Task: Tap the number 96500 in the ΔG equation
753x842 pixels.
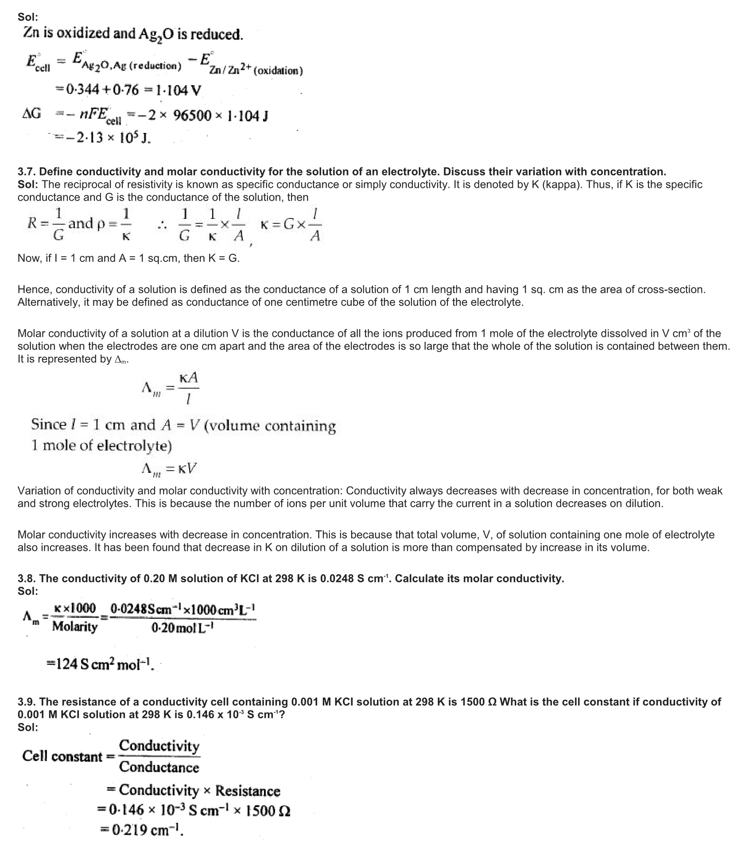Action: tap(192, 116)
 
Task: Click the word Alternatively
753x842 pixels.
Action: tap(47, 302)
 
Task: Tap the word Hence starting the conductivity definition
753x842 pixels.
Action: tap(35, 289)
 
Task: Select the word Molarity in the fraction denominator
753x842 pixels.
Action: tap(74, 627)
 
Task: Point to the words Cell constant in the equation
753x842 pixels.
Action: tap(62, 756)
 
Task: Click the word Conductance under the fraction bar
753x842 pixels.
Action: tap(159, 767)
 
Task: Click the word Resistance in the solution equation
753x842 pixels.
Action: tap(248, 791)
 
